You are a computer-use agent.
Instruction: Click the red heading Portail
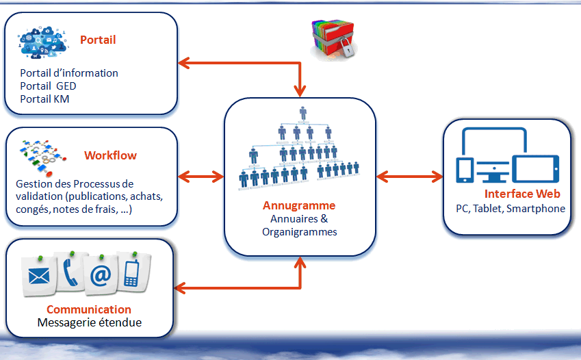tap(98, 40)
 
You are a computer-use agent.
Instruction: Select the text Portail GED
tap(48, 86)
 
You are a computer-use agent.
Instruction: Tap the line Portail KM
tap(44, 99)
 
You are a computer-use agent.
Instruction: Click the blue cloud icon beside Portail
tap(42, 42)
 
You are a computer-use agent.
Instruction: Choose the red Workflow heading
tap(110, 155)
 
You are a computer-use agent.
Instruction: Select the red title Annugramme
tap(299, 205)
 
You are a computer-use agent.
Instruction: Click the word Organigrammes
tap(299, 232)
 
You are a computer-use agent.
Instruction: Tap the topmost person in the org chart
tap(303, 113)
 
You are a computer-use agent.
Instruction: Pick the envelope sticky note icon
tap(39, 275)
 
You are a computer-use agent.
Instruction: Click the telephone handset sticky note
tap(70, 272)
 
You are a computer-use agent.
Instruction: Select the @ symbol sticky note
tap(101, 274)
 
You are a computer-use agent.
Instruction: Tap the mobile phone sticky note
tap(133, 272)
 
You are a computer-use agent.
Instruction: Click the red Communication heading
tap(89, 309)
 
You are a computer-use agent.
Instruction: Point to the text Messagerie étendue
tap(89, 322)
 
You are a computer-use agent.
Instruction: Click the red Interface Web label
tap(522, 194)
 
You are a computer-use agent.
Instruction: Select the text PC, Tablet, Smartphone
tap(511, 209)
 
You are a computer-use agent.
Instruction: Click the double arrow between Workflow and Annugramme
tap(201, 177)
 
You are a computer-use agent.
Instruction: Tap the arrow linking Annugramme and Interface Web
tap(409, 177)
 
